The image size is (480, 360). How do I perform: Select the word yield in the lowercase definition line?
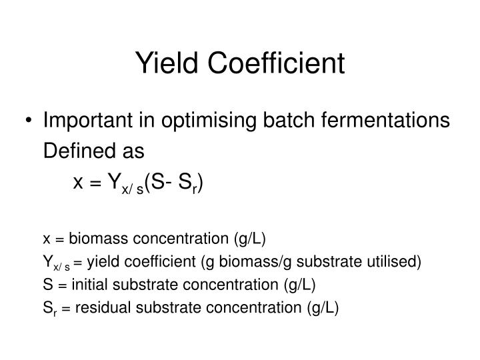coord(105,261)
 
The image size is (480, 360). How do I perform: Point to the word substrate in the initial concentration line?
coord(143,285)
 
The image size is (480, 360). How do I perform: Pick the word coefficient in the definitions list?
coord(159,261)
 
